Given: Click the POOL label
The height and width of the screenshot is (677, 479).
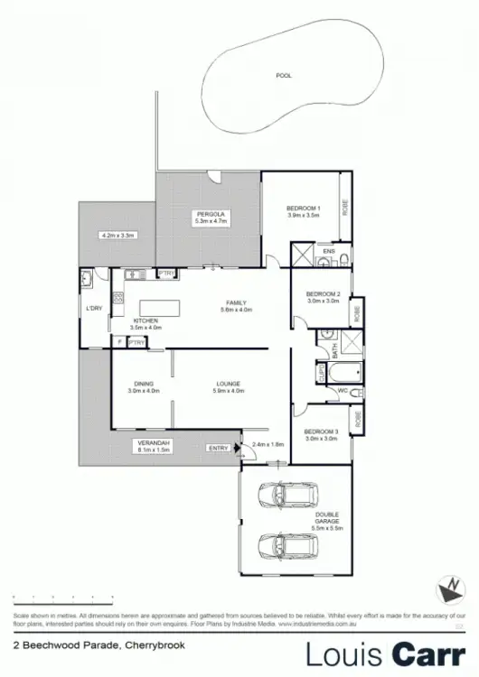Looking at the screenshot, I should [x=285, y=76].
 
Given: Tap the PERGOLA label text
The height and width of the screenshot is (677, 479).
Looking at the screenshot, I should [x=209, y=214].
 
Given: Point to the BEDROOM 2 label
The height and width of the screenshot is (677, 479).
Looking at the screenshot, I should [x=322, y=294].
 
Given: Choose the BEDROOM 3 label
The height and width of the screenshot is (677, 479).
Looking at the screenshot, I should [x=322, y=431].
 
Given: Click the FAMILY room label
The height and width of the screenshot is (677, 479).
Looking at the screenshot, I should [x=237, y=302].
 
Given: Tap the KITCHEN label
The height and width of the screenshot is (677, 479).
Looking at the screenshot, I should [x=146, y=320].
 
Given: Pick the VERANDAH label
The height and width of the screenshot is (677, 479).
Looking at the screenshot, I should [x=153, y=442].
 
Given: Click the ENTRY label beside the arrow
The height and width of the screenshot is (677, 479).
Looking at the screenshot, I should [x=219, y=448].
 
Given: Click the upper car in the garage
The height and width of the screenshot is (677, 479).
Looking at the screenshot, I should [x=282, y=496].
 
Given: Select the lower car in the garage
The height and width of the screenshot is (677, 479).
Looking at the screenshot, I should [x=282, y=546].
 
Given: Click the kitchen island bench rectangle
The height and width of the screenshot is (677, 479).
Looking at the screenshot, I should [x=153, y=306].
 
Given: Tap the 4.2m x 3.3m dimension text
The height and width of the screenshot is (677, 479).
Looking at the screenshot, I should [x=117, y=235].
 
